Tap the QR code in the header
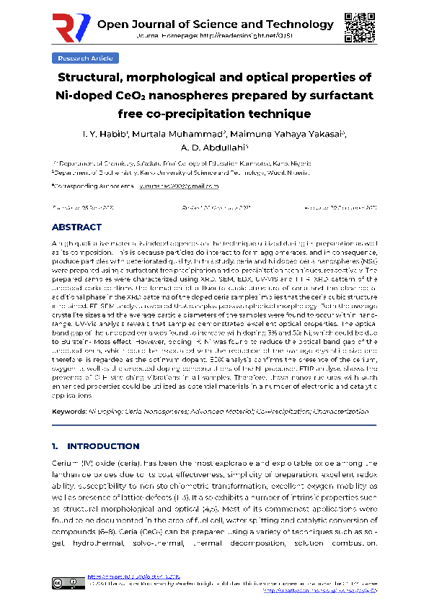358,27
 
